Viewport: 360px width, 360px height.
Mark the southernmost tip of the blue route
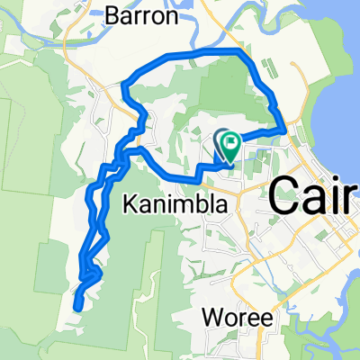click(x=77, y=307)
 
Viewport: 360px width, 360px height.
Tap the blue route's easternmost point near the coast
click(x=283, y=131)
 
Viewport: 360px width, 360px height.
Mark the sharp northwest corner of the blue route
click(x=122, y=88)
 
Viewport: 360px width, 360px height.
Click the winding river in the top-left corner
click(x=36, y=40)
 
